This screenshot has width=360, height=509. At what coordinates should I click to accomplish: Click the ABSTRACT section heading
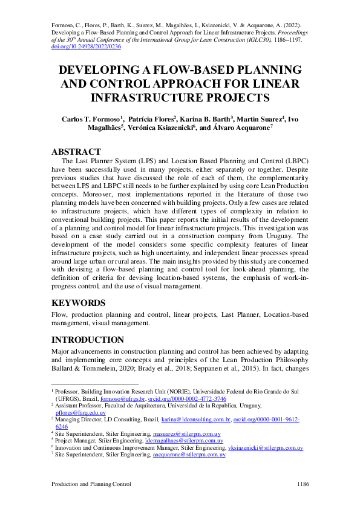(x=76, y=151)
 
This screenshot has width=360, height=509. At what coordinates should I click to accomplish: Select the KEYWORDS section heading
(x=79, y=303)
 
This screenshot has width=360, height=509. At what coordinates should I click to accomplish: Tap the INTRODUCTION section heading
(x=88, y=340)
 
